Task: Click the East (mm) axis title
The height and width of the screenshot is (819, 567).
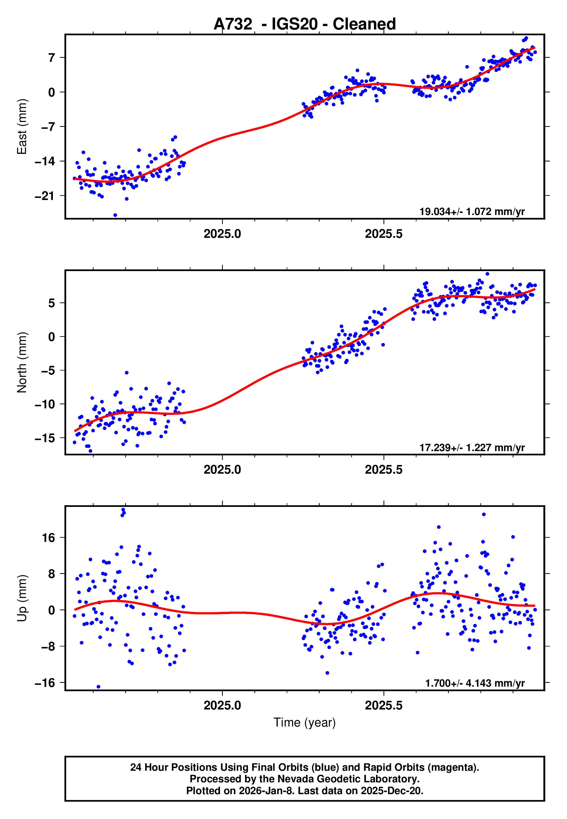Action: click(22, 127)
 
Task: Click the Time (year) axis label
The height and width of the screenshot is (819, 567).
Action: click(305, 722)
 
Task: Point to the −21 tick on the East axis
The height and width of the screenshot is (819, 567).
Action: click(45, 196)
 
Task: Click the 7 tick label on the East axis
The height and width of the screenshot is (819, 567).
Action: click(51, 58)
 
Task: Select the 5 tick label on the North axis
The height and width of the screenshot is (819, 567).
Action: click(51, 303)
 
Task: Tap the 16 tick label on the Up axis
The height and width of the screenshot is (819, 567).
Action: click(49, 538)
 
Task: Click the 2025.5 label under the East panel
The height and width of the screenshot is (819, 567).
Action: click(384, 234)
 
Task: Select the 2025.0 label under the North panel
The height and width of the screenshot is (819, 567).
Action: click(223, 470)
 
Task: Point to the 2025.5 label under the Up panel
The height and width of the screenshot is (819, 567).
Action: click(384, 705)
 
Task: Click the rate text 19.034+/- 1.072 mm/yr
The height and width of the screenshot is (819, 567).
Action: click(472, 212)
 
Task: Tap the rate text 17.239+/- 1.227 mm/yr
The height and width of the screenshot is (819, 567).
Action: click(472, 447)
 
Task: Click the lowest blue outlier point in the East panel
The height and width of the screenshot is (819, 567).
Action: click(115, 215)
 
